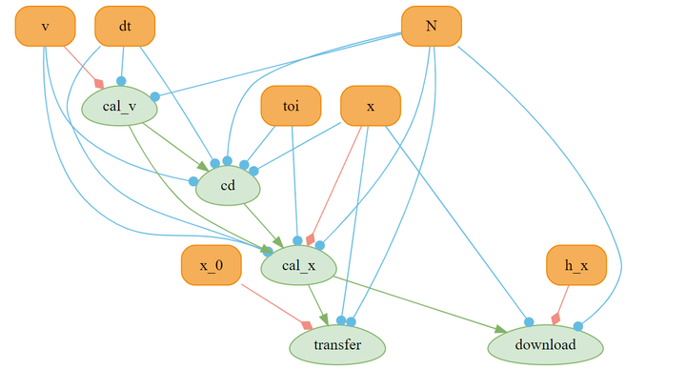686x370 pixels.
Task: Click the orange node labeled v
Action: [x=45, y=26]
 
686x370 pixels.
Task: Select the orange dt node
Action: [x=125, y=26]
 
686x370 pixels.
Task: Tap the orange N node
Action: [x=432, y=26]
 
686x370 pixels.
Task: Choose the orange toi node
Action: [x=291, y=106]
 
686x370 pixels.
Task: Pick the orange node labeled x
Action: [x=371, y=106]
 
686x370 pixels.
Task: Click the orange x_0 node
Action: [x=212, y=265]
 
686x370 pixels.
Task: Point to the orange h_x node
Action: [x=576, y=265]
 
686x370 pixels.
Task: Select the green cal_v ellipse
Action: [x=119, y=106]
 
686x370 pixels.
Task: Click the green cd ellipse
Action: [x=228, y=186]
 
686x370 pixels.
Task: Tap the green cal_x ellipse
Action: [x=299, y=265]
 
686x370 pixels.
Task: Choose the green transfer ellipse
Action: [x=337, y=345]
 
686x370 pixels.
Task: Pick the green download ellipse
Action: [x=546, y=345]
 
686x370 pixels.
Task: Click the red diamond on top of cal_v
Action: [x=99, y=83]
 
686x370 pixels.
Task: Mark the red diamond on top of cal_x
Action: [x=311, y=239]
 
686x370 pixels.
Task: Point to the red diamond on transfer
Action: [x=307, y=325]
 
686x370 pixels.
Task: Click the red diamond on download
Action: [x=555, y=319]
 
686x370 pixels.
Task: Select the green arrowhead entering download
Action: [x=501, y=329]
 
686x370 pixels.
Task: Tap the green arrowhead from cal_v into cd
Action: [x=203, y=166]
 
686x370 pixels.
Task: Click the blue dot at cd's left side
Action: [x=193, y=181]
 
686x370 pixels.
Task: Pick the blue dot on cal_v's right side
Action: [x=155, y=96]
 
